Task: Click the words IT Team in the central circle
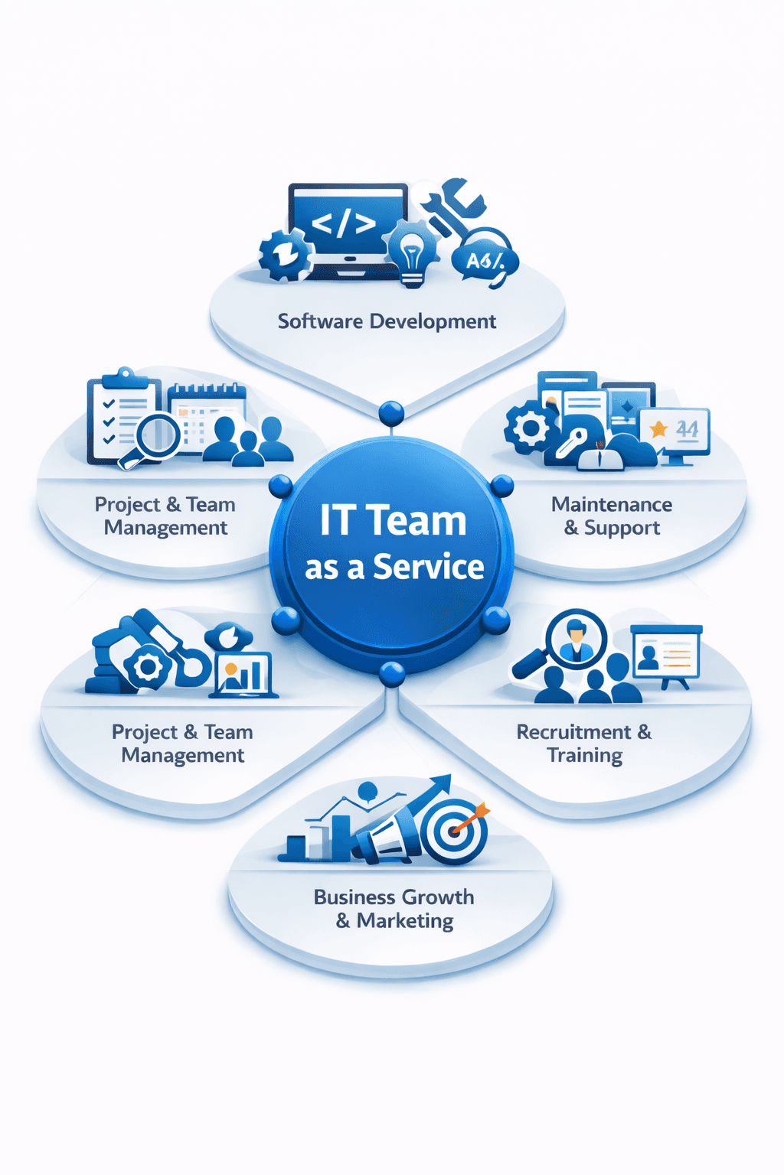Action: tap(393, 521)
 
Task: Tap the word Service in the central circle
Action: tap(428, 567)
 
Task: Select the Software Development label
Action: tap(387, 321)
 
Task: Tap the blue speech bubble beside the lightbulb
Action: tap(485, 260)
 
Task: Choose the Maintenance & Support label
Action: tap(612, 516)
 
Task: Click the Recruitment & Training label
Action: tap(584, 744)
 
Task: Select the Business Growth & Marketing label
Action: tap(394, 909)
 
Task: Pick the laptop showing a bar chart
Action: tap(243, 675)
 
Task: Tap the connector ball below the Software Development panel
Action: tap(391, 413)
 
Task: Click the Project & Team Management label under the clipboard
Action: tap(165, 516)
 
